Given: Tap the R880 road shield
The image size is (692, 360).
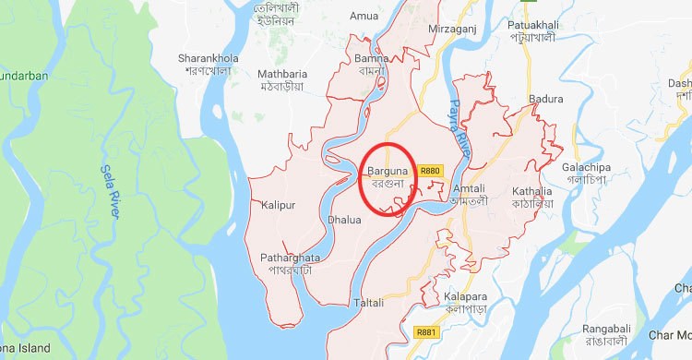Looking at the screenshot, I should [431, 171].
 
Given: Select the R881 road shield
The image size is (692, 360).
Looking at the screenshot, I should [426, 332].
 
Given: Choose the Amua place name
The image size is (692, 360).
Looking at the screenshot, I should [364, 16].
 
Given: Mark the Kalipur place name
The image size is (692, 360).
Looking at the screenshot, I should [278, 205].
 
